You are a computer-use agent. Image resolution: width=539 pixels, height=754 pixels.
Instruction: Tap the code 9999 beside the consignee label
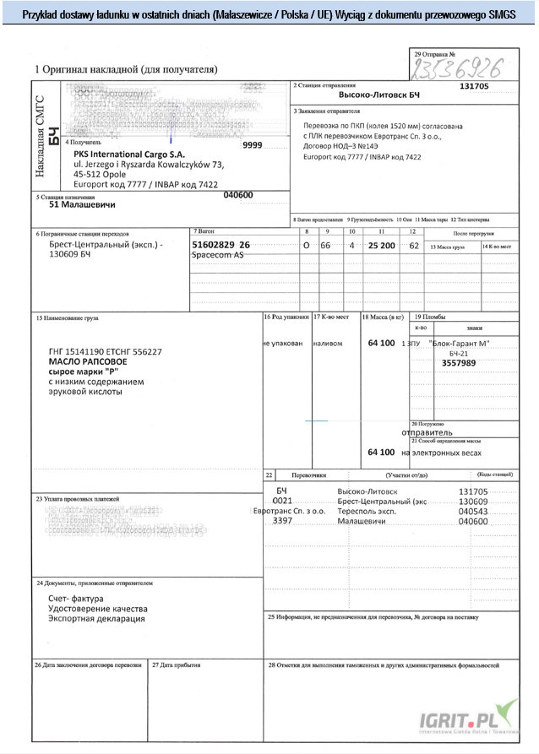tap(253, 145)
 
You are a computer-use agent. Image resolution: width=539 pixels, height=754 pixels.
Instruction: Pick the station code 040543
tap(473, 512)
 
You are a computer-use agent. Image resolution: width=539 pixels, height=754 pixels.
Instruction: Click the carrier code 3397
tap(283, 522)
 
